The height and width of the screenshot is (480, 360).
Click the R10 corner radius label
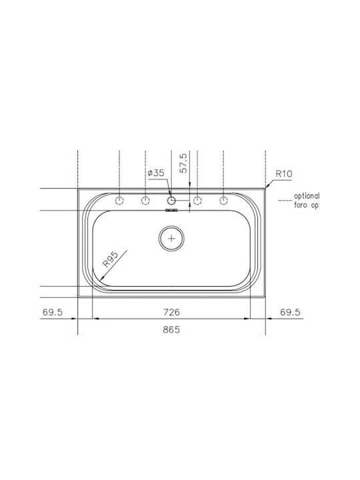[284, 174]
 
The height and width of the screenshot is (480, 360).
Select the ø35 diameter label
[156, 173]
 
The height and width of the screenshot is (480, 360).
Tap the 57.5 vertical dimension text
[183, 163]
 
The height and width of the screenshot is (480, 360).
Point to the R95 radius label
[110, 259]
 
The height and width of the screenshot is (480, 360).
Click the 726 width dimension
[171, 312]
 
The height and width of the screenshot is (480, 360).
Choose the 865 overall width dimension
[171, 330]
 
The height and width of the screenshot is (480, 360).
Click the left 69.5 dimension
[53, 312]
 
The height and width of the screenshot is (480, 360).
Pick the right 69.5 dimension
[290, 312]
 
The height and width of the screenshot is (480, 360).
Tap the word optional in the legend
[307, 196]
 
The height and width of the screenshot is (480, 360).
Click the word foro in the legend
[301, 205]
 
